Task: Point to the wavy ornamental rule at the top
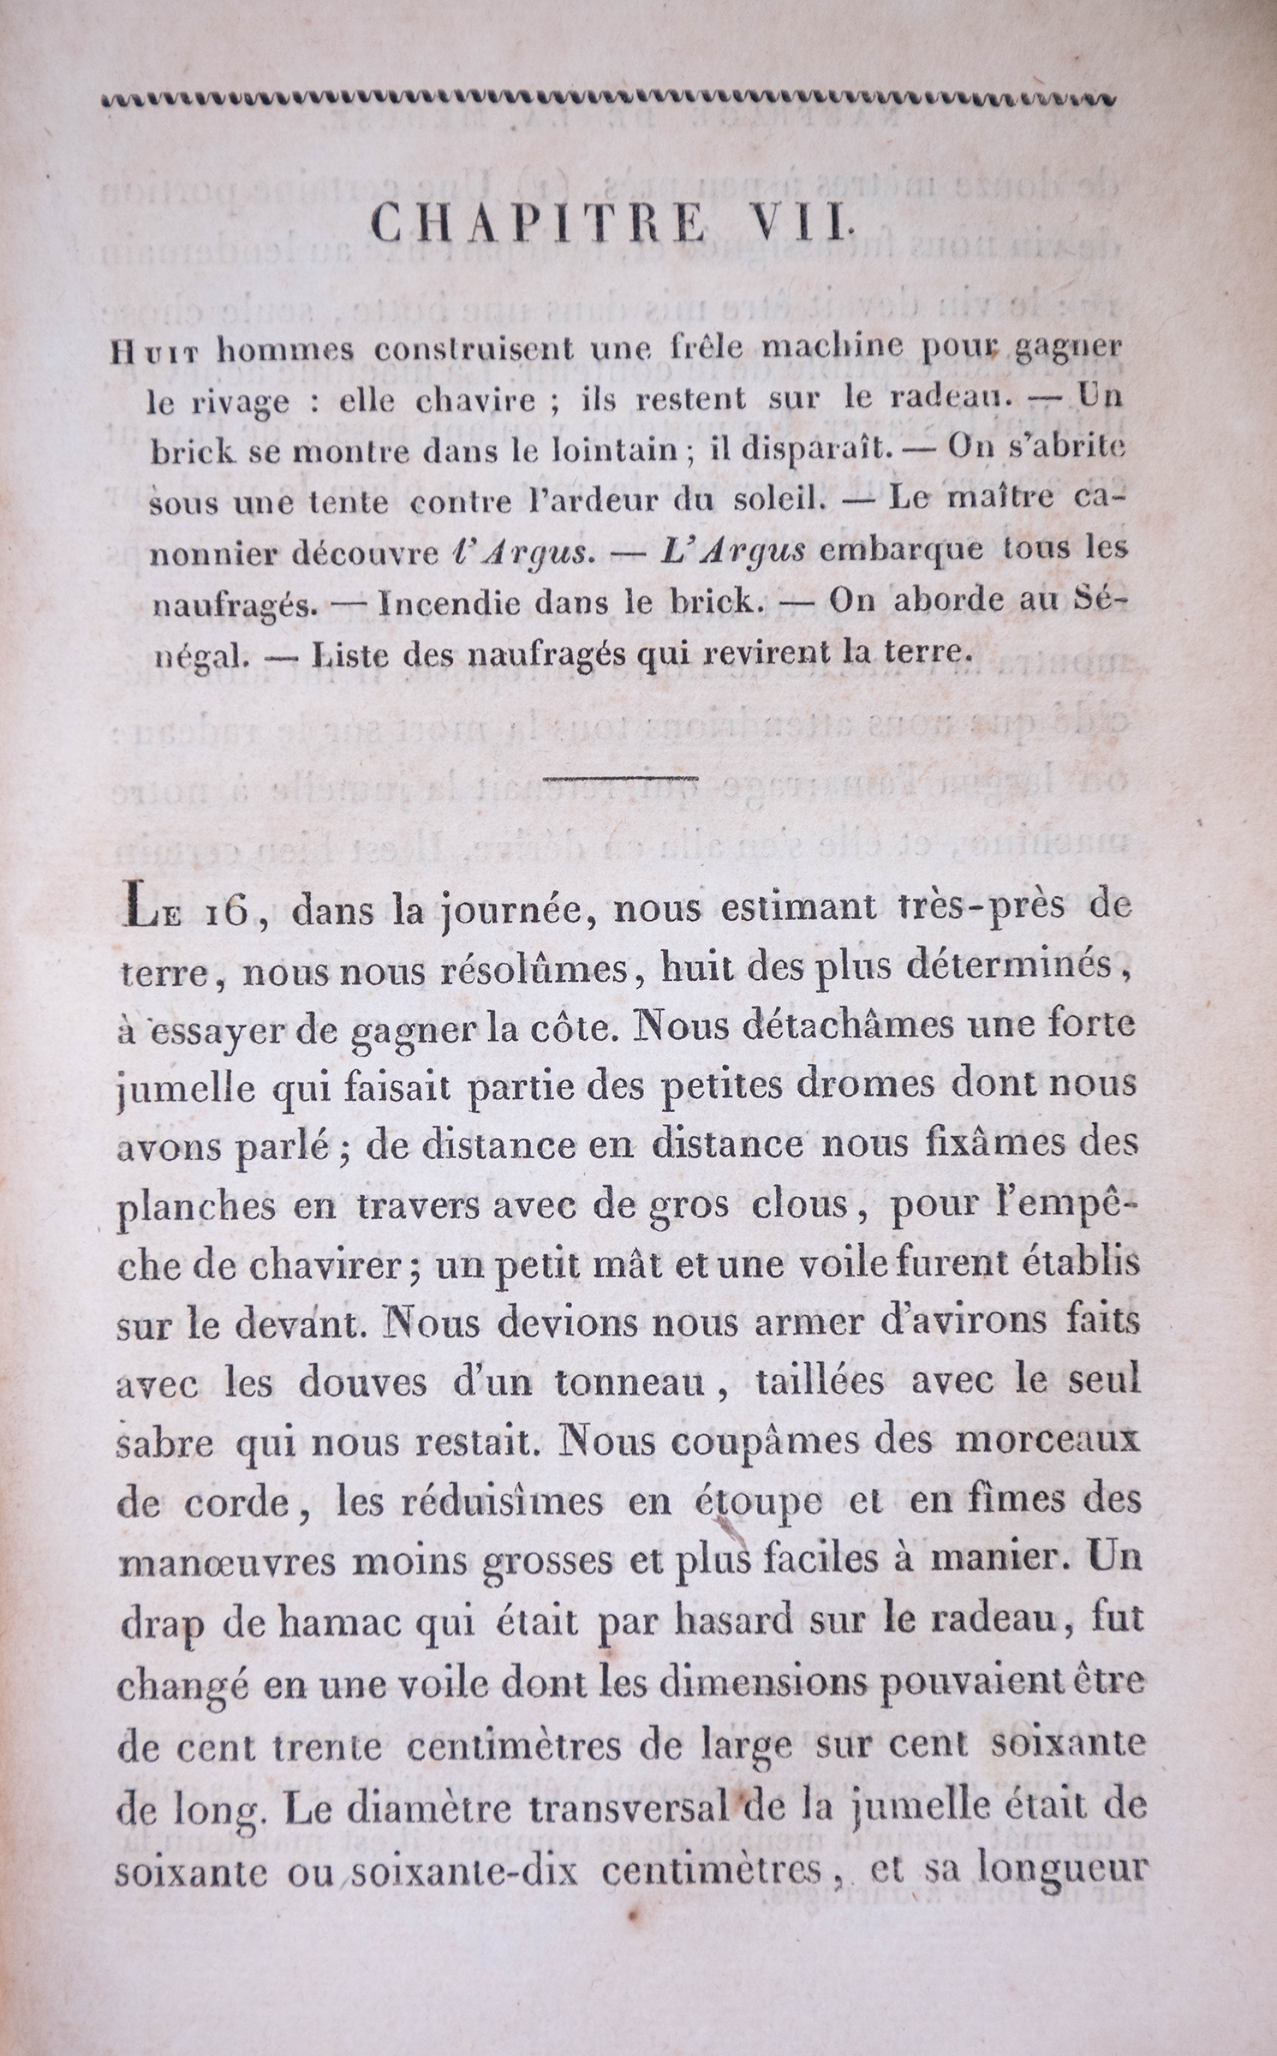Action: point(608,99)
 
